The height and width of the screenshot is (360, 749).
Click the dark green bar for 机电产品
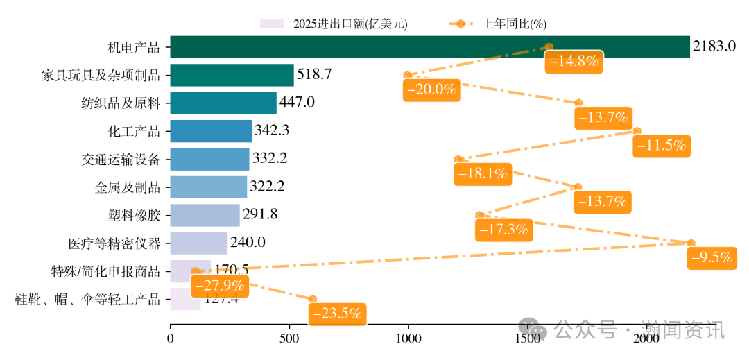tap(429, 47)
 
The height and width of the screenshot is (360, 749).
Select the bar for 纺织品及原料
tap(223, 103)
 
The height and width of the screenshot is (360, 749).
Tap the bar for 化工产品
tap(211, 131)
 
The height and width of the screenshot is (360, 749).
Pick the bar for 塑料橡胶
tap(205, 215)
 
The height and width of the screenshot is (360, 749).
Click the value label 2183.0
tap(714, 47)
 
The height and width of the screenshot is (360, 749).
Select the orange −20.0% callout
tap(431, 89)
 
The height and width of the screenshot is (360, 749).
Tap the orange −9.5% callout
tap(712, 257)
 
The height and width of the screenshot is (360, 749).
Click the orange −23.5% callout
tap(338, 314)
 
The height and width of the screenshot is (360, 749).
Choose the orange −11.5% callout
tap(661, 146)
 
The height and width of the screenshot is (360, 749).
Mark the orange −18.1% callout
tap(483, 173)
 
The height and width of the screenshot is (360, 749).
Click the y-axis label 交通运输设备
tap(121, 160)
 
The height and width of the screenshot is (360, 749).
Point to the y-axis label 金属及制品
tap(128, 187)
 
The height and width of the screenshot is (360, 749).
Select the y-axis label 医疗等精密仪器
tap(114, 243)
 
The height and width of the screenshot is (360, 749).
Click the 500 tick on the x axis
tap(289, 339)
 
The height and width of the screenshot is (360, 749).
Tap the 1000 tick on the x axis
tap(408, 339)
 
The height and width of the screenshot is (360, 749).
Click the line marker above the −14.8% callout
tap(549, 46)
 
